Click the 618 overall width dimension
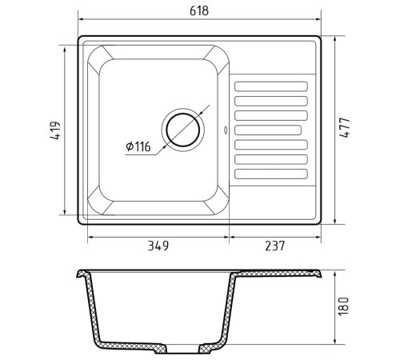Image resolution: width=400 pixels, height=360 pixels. (x=199, y=10)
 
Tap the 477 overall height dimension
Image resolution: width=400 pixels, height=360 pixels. (x=344, y=127)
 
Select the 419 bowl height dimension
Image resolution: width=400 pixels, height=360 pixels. (x=55, y=130)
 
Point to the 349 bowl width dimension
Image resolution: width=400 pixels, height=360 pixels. (x=158, y=246)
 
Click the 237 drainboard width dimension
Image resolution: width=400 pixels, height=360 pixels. (x=275, y=246)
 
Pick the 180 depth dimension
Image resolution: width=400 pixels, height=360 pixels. (x=343, y=306)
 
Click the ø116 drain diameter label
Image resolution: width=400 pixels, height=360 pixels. (x=138, y=146)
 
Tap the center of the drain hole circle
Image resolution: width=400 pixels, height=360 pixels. (x=183, y=130)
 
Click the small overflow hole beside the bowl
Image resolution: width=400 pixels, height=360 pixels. (x=226, y=130)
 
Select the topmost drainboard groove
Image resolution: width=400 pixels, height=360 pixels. (x=271, y=86)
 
